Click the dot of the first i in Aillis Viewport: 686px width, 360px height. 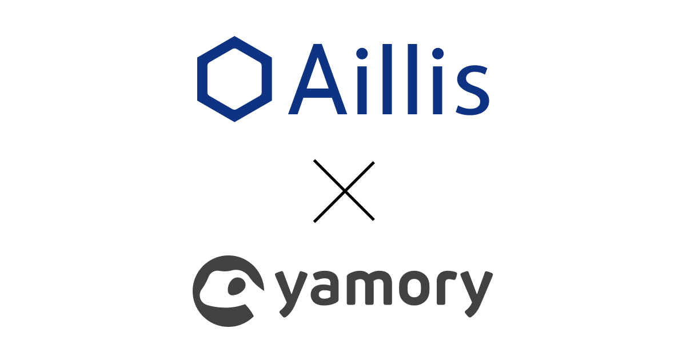click(x=361, y=54)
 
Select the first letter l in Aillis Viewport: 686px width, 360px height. click(x=387, y=78)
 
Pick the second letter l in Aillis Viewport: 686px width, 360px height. click(x=412, y=78)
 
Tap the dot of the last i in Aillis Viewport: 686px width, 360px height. click(x=437, y=54)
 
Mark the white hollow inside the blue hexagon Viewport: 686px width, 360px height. click(x=234, y=79)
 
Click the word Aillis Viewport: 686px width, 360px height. click(x=389, y=80)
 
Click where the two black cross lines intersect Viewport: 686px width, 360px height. click(x=344, y=191)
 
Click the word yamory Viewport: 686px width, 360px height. click(x=383, y=291)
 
